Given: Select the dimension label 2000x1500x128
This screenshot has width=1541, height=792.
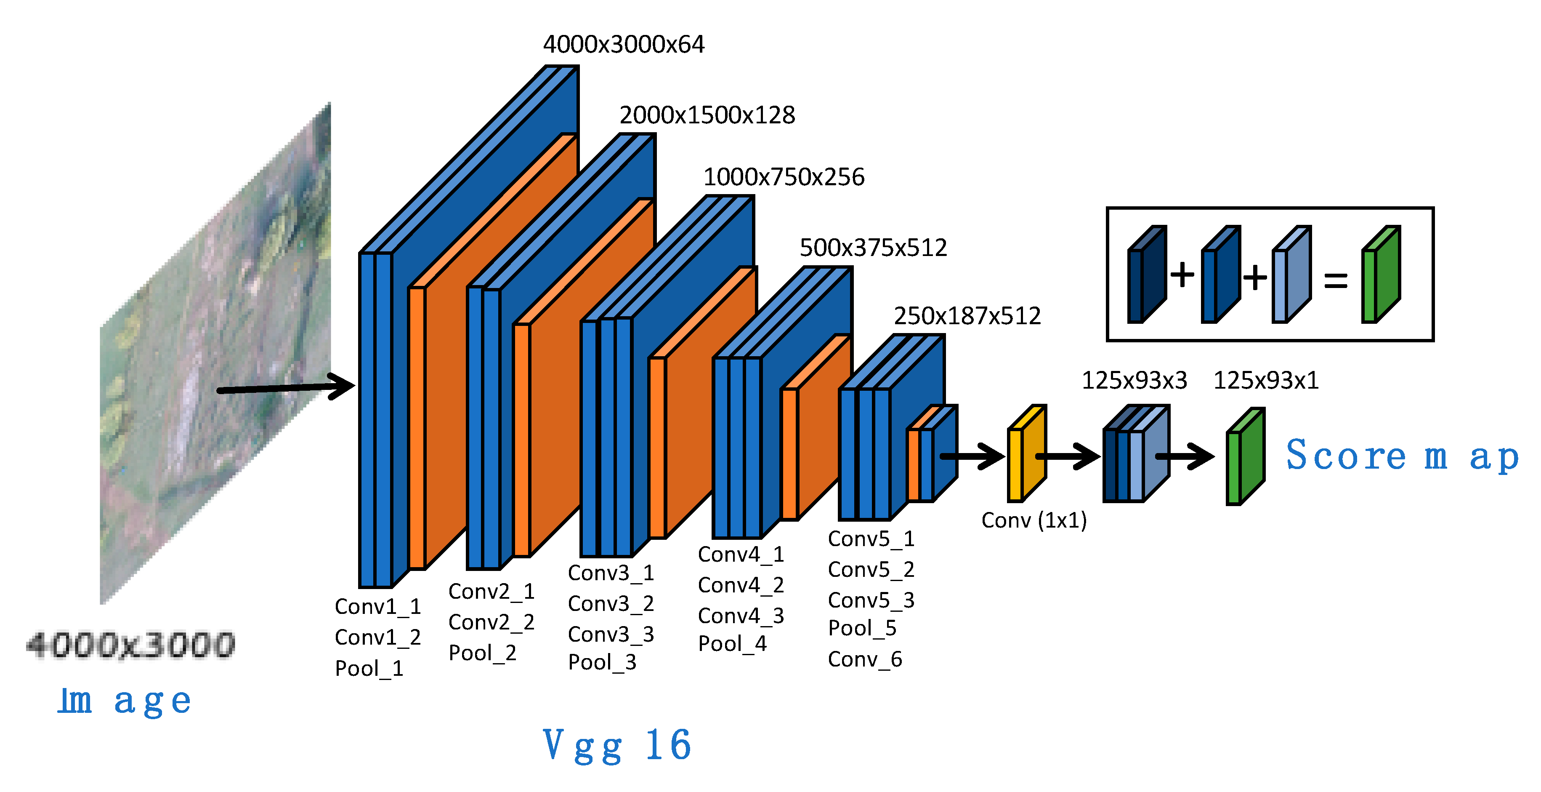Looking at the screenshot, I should pyautogui.click(x=707, y=115).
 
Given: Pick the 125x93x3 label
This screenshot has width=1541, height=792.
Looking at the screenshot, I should pyautogui.click(x=1134, y=380).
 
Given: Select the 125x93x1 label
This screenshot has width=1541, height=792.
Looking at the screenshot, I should pyautogui.click(x=1265, y=380).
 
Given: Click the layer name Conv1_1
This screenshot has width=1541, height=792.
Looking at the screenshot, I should pyautogui.click(x=377, y=606).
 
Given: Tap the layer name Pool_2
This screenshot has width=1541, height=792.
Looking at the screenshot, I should pyautogui.click(x=482, y=653).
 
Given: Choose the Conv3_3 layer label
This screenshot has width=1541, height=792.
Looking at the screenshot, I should pyautogui.click(x=610, y=634).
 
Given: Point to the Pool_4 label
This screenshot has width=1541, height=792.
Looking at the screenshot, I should pyautogui.click(x=732, y=643).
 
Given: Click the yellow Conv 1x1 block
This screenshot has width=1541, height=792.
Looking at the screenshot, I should pyautogui.click(x=1026, y=455).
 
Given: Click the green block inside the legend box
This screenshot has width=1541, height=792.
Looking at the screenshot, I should pyautogui.click(x=1380, y=275).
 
